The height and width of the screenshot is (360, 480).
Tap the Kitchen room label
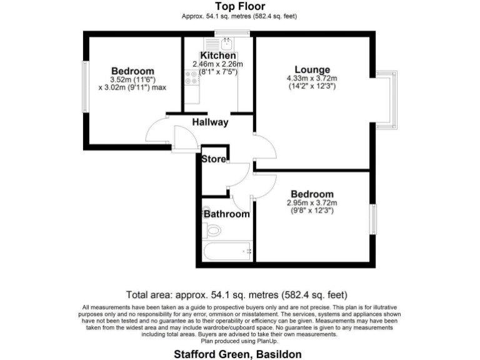pyautogui.click(x=217, y=56)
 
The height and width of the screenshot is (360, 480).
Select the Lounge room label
pyautogui.click(x=312, y=69)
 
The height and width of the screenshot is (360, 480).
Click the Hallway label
pyautogui.click(x=210, y=122)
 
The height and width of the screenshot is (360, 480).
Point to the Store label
pyautogui.click(x=214, y=159)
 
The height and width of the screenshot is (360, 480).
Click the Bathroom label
pyautogui.click(x=227, y=214)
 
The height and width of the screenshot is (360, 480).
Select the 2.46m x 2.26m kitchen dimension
pyautogui.click(x=217, y=64)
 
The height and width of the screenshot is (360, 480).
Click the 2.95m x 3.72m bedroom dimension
pyautogui.click(x=311, y=202)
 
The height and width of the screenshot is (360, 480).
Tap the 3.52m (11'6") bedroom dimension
pyautogui.click(x=132, y=79)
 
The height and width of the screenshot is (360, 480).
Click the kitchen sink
pyautogui.click(x=226, y=44)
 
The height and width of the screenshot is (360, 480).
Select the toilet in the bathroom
pyautogui.click(x=212, y=231)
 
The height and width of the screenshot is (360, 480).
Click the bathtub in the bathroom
pyautogui.click(x=227, y=252)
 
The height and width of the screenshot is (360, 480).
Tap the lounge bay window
pyautogui.click(x=391, y=100)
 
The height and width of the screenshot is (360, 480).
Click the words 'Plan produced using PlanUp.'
pyautogui.click(x=239, y=341)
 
